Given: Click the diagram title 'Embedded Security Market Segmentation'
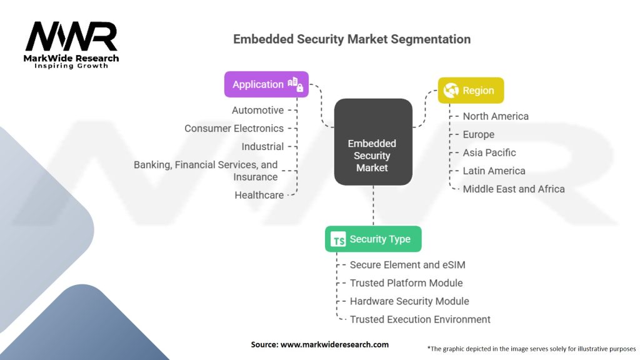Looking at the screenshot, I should click(x=352, y=39).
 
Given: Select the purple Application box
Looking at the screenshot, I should click(x=267, y=84).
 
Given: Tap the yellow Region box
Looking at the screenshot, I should click(x=471, y=91).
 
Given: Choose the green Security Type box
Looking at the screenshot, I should click(x=373, y=239).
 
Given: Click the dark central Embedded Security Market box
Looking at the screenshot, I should click(x=372, y=143).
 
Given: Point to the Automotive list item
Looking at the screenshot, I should click(x=257, y=110).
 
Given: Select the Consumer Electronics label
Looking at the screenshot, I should click(x=234, y=128).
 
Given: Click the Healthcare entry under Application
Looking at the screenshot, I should click(x=259, y=195).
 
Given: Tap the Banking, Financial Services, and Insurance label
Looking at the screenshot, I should click(x=206, y=171).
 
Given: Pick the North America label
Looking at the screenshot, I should click(x=496, y=116).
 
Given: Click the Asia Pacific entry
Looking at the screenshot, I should click(x=489, y=152).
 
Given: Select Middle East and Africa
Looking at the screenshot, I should click(x=514, y=189).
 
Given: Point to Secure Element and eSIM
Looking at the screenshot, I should click(x=407, y=265).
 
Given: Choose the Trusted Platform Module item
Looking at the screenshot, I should click(x=406, y=283).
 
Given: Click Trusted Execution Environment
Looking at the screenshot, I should click(x=420, y=319).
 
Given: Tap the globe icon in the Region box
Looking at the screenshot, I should click(x=450, y=91).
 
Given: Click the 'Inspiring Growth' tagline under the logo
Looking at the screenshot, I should click(x=71, y=66).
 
